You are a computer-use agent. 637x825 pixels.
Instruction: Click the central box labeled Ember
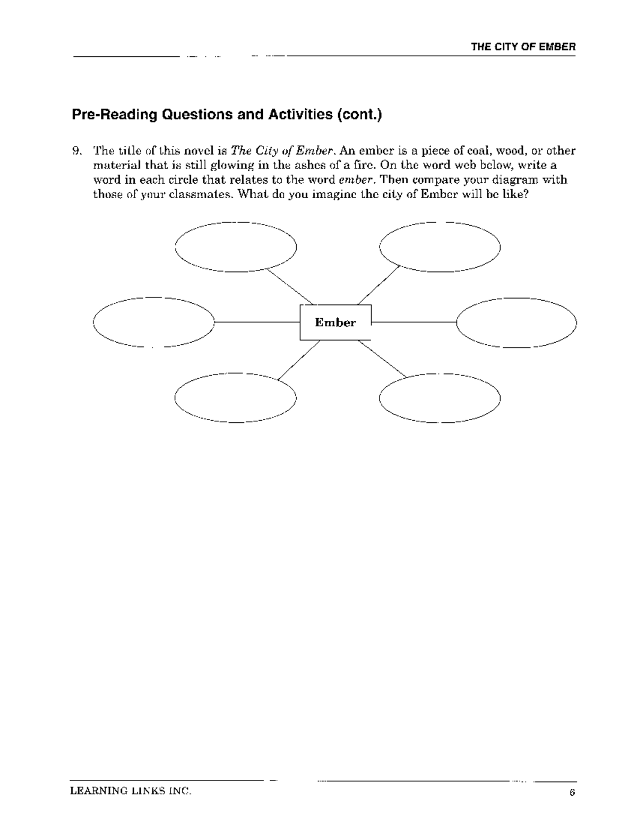(x=335, y=322)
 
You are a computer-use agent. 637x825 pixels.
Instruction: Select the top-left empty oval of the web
(x=236, y=247)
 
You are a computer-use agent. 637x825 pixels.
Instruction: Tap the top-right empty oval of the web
(x=440, y=247)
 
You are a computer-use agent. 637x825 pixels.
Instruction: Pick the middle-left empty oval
(x=153, y=322)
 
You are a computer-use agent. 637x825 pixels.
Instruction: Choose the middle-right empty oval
(x=517, y=322)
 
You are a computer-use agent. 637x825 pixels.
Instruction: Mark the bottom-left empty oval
(x=236, y=397)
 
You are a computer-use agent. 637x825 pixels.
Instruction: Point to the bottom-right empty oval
(x=440, y=397)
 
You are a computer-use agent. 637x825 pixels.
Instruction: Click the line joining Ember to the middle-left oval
(x=257, y=322)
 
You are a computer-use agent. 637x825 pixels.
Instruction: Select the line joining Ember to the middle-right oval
(x=414, y=322)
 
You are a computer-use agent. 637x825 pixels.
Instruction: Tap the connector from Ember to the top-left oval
(x=290, y=287)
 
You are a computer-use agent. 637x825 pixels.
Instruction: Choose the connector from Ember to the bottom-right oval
(x=382, y=359)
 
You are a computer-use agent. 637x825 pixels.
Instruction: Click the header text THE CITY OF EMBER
(x=523, y=47)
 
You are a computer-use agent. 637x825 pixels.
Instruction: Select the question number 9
(x=76, y=151)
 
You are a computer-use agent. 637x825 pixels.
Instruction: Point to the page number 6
(x=572, y=793)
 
